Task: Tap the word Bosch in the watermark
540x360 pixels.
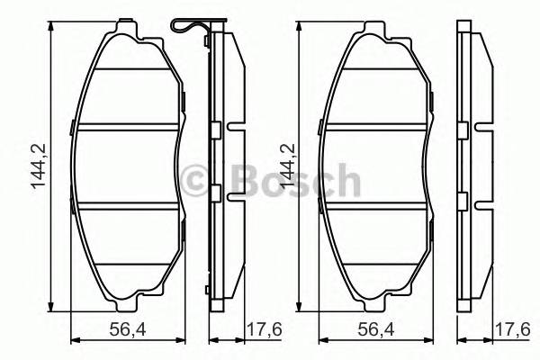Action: coord(288,181)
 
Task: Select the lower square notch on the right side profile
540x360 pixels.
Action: coord(463,200)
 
